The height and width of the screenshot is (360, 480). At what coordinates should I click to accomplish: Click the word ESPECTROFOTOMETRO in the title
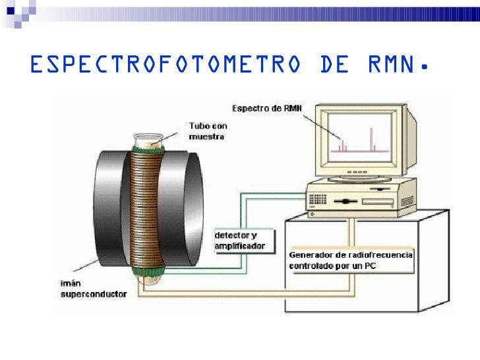[165, 64]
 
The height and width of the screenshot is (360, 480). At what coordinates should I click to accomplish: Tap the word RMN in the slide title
[391, 64]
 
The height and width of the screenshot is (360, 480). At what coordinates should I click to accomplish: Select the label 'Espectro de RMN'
[267, 108]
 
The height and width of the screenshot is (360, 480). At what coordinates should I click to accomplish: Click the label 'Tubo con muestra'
[208, 131]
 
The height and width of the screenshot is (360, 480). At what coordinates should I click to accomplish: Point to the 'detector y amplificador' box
[245, 241]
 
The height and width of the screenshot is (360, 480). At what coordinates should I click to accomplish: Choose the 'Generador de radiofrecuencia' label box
[351, 260]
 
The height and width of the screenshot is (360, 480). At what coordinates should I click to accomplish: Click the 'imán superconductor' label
[94, 289]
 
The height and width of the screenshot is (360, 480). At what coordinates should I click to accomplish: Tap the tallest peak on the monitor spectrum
[371, 140]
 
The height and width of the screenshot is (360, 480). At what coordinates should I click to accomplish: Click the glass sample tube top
[148, 140]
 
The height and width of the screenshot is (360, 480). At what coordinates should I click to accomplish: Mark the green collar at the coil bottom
[148, 271]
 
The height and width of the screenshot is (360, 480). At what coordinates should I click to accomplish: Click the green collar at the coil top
[148, 150]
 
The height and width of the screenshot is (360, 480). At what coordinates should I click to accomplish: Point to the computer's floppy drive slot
[378, 202]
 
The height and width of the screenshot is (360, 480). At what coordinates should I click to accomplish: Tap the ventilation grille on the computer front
[317, 199]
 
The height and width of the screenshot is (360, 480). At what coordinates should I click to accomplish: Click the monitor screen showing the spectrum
[360, 137]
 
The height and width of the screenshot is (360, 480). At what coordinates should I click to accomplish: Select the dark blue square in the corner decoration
[11, 11]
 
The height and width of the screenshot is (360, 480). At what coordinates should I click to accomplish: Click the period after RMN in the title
[424, 67]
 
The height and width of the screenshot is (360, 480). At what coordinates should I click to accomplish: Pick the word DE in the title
[334, 64]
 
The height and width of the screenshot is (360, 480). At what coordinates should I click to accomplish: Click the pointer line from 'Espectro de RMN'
[321, 127]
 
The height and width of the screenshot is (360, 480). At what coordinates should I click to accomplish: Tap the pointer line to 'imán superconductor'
[86, 266]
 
